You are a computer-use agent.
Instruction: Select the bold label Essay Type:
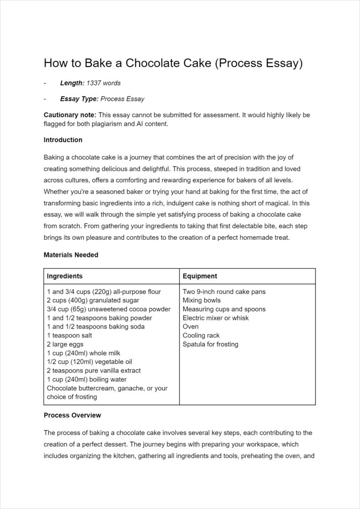tap(79, 99)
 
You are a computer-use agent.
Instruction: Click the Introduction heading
tap(63, 140)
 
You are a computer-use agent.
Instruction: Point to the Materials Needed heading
tap(71, 255)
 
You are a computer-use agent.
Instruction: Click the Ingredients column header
tap(65, 276)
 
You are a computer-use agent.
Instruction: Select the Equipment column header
tap(200, 276)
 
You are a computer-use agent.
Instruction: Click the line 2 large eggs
tap(65, 344)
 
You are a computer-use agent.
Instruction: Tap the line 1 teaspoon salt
tap(69, 335)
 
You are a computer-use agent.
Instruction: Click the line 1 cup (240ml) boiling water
tap(87, 379)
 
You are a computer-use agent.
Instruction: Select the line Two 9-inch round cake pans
tap(224, 292)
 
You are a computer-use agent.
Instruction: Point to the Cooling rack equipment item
tap(201, 335)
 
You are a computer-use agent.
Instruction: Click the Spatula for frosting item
tap(210, 344)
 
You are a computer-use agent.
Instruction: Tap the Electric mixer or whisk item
tap(216, 318)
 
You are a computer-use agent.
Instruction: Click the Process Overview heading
tap(72, 415)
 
